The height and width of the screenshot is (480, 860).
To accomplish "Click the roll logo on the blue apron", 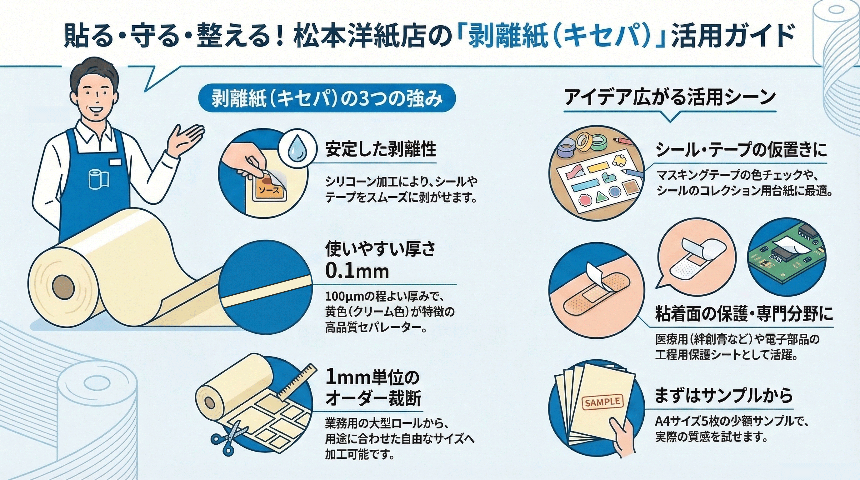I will point(99,179).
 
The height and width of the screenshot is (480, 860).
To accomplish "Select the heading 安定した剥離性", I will point(381,149).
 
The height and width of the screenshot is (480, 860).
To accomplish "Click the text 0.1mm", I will point(357,271).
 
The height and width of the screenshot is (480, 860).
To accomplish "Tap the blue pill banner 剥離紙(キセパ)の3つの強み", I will point(327,99).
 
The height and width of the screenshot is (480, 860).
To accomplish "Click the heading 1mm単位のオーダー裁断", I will point(372,387).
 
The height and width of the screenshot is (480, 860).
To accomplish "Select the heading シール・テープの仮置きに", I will point(741,150).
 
